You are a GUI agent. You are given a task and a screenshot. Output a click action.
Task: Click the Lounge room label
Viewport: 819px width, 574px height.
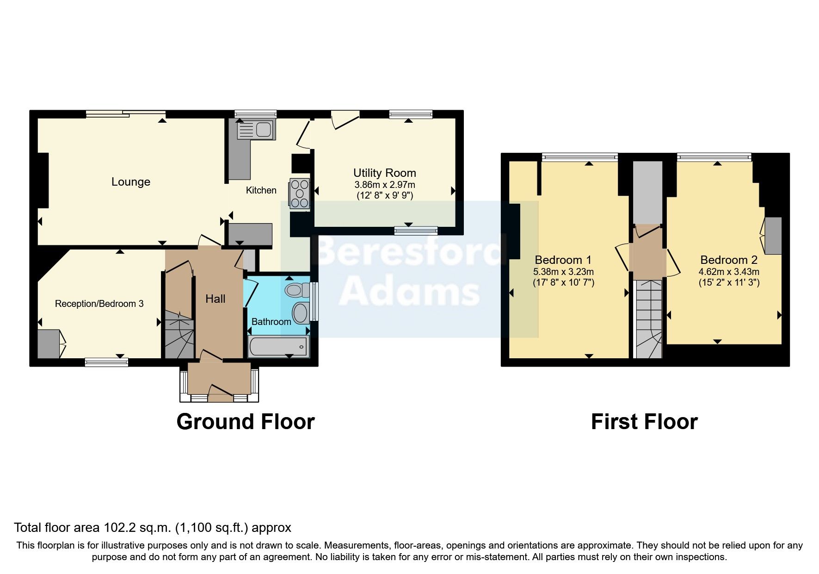(131, 182)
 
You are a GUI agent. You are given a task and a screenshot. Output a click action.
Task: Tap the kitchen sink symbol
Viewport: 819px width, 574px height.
(256, 129)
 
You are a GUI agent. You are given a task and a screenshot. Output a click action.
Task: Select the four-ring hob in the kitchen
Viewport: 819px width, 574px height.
(300, 193)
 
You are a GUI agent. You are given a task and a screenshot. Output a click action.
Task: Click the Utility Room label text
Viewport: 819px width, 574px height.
(385, 173)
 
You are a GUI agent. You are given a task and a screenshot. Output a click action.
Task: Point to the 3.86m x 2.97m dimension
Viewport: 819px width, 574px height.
(385, 185)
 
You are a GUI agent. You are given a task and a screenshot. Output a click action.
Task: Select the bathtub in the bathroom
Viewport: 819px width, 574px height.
(278, 347)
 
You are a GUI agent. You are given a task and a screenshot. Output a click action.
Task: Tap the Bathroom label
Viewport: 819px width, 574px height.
(271, 322)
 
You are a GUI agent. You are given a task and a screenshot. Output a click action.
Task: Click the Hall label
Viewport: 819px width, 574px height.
(216, 299)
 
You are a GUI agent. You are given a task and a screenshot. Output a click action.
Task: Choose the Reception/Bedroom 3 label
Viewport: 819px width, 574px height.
(99, 304)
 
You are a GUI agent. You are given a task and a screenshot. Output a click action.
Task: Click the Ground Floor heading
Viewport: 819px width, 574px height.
(246, 422)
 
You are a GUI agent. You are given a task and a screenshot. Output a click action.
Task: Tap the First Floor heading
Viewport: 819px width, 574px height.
(644, 422)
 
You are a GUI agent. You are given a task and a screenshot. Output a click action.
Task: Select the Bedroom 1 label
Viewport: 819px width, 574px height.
(563, 260)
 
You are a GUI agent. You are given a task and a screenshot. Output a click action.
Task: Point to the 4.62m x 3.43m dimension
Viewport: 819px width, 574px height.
(729, 272)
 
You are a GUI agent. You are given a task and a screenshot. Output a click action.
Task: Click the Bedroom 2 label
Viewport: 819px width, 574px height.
(729, 260)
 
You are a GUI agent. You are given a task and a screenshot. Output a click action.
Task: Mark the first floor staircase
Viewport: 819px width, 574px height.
(649, 319)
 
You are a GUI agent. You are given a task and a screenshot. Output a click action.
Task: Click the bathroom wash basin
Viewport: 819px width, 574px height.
(301, 313)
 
